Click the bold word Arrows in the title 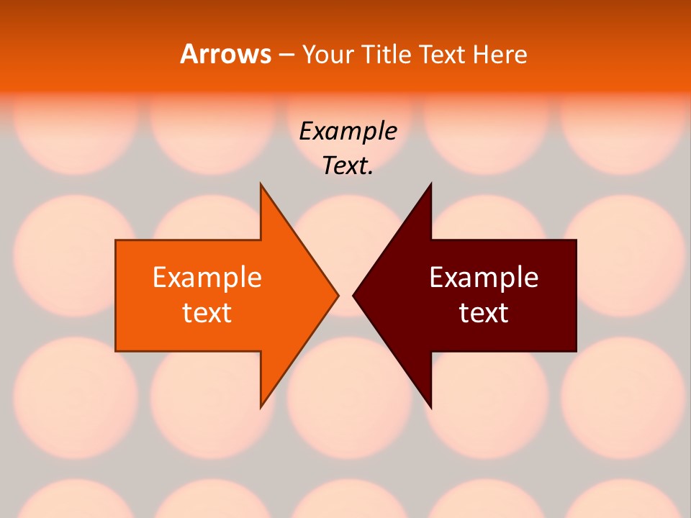(x=225, y=54)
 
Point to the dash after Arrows (x=286, y=55)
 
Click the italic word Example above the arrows (x=348, y=132)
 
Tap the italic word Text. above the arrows (x=348, y=165)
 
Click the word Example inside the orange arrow (x=207, y=278)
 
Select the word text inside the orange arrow (x=207, y=313)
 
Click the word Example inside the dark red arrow (x=484, y=278)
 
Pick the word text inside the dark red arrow (x=484, y=313)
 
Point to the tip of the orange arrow (x=338, y=294)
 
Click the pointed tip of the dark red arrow (x=353, y=294)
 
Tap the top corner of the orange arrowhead (x=261, y=184)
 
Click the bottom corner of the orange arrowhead (x=261, y=408)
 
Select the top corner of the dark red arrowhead (x=430, y=184)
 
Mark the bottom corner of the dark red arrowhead (x=430, y=408)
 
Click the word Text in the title (x=443, y=54)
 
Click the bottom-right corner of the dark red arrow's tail (x=576, y=351)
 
